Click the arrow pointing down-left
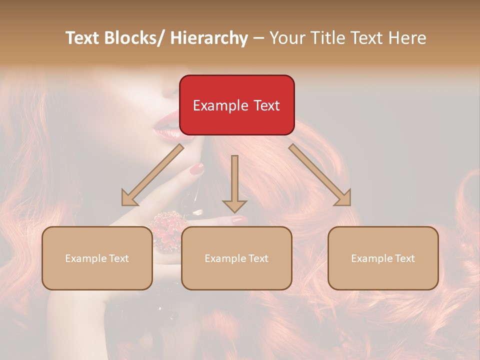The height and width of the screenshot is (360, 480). [x=152, y=175]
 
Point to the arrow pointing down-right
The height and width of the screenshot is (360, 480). [x=320, y=175]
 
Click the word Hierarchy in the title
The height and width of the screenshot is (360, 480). [x=209, y=38]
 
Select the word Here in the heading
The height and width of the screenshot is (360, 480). [x=407, y=38]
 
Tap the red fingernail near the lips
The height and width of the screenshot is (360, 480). [x=197, y=169]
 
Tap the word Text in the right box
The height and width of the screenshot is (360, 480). [x=404, y=258]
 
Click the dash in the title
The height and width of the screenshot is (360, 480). [x=258, y=38]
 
